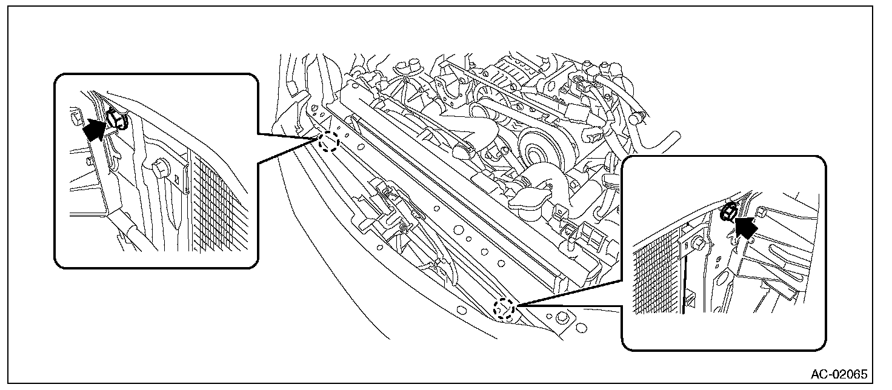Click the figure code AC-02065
coord(839,373)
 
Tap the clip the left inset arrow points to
coord(116,119)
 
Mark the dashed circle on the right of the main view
coord(505,309)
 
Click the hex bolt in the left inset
coord(160,168)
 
